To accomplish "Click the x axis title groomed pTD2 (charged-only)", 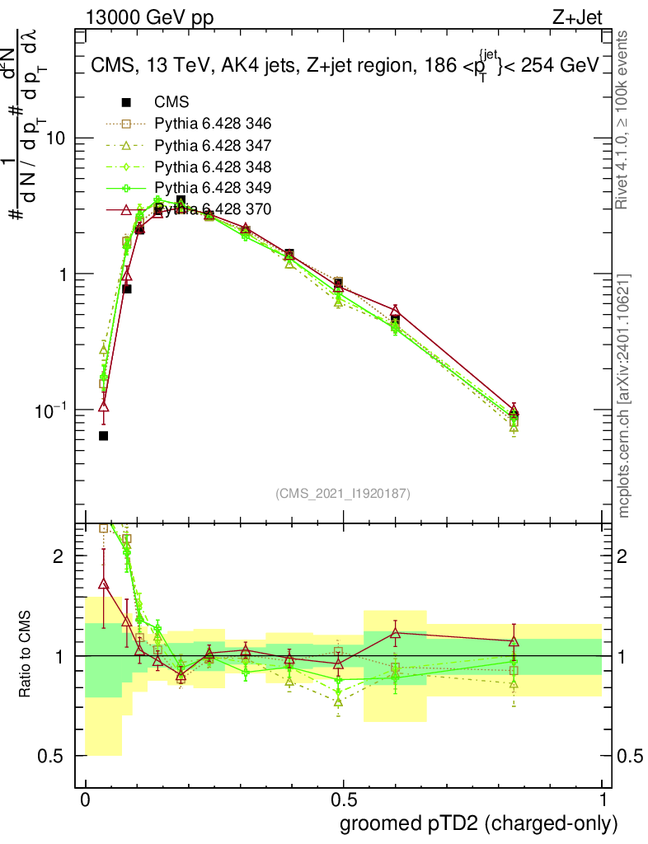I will pyautogui.click(x=478, y=823).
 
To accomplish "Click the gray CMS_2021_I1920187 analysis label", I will pyautogui.click(x=343, y=494).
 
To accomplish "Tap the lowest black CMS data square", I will pyautogui.click(x=103, y=435).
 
